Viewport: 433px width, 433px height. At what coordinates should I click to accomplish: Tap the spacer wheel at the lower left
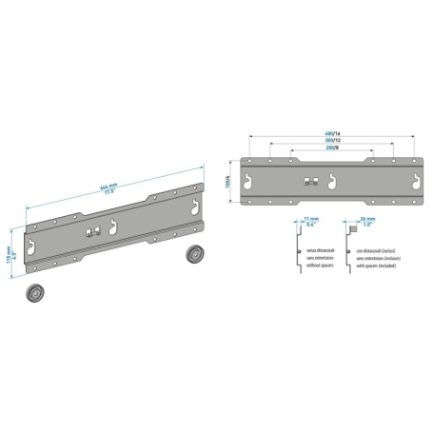click(x=37, y=293)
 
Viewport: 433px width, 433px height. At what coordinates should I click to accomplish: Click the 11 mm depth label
click(x=310, y=222)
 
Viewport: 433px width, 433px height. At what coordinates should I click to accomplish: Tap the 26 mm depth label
click(x=368, y=222)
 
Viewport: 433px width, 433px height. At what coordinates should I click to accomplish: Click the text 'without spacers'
click(x=321, y=265)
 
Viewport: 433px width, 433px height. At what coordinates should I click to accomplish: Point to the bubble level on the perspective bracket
click(x=91, y=232)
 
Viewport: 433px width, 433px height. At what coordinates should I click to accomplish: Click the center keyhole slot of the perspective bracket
click(x=116, y=226)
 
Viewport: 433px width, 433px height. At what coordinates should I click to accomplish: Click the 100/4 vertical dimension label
click(x=228, y=180)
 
